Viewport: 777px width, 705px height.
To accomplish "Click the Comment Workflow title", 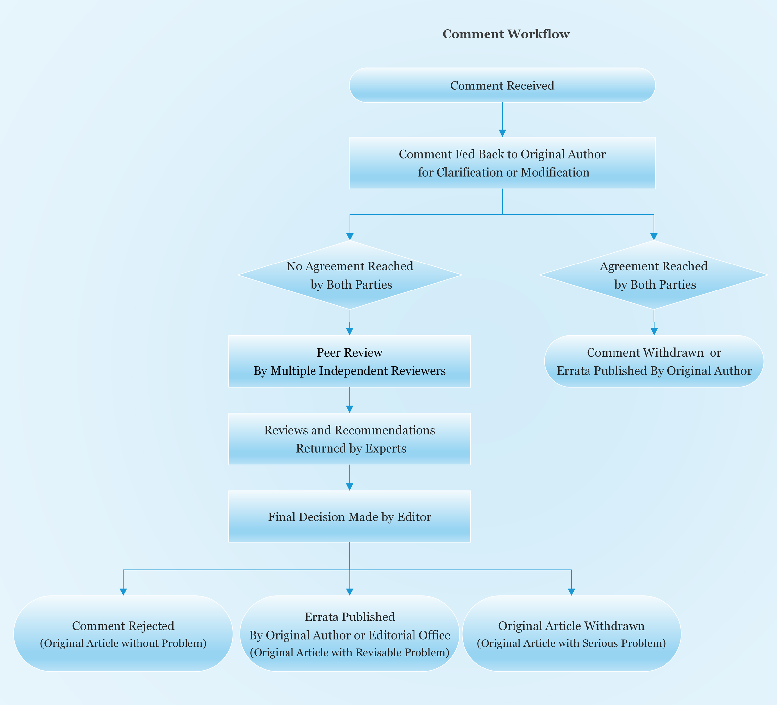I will [506, 34].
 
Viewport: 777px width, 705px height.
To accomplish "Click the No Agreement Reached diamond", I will [350, 275].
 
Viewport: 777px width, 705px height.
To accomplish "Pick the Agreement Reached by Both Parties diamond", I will [653, 275].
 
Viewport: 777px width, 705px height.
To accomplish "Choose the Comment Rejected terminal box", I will [123, 634].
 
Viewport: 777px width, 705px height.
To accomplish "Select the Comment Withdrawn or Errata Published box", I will [654, 361].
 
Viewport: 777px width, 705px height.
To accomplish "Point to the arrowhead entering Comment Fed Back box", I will [502, 133].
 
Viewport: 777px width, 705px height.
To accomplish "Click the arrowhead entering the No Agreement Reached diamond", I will [350, 237].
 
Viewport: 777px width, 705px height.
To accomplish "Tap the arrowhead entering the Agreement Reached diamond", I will [654, 237].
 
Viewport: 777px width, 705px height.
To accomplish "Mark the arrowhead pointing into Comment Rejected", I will [123, 592].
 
